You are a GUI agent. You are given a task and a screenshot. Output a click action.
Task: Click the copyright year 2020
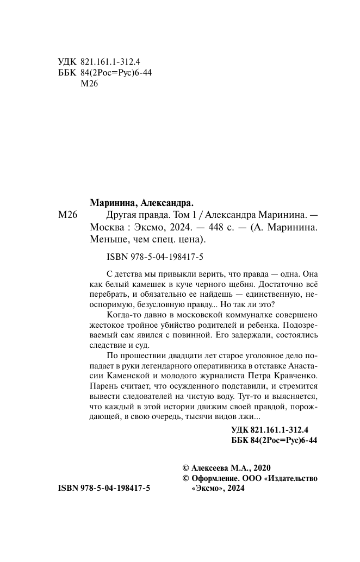tap(259, 468)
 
